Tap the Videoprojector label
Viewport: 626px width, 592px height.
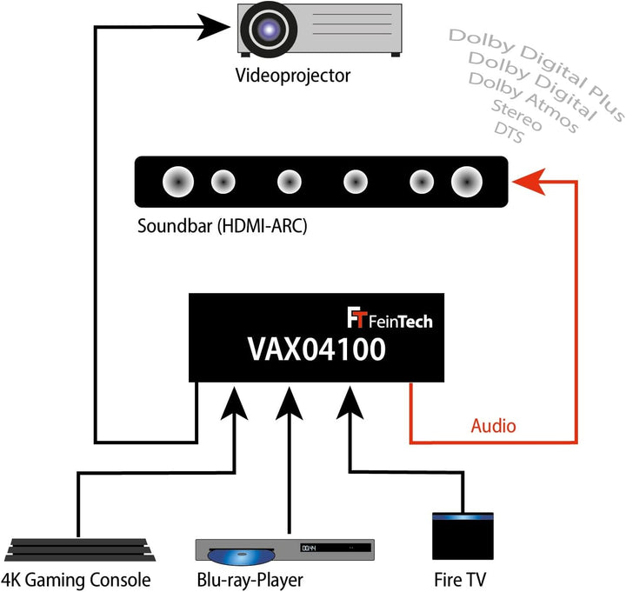tap(292, 76)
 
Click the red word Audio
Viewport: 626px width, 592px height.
tap(493, 426)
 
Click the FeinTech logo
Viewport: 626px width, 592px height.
tap(390, 320)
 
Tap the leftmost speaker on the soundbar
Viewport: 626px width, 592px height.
tap(178, 182)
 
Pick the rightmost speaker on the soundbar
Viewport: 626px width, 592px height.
tap(465, 182)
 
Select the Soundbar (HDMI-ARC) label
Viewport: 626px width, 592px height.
tap(222, 228)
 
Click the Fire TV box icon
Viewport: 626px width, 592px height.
tap(463, 538)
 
